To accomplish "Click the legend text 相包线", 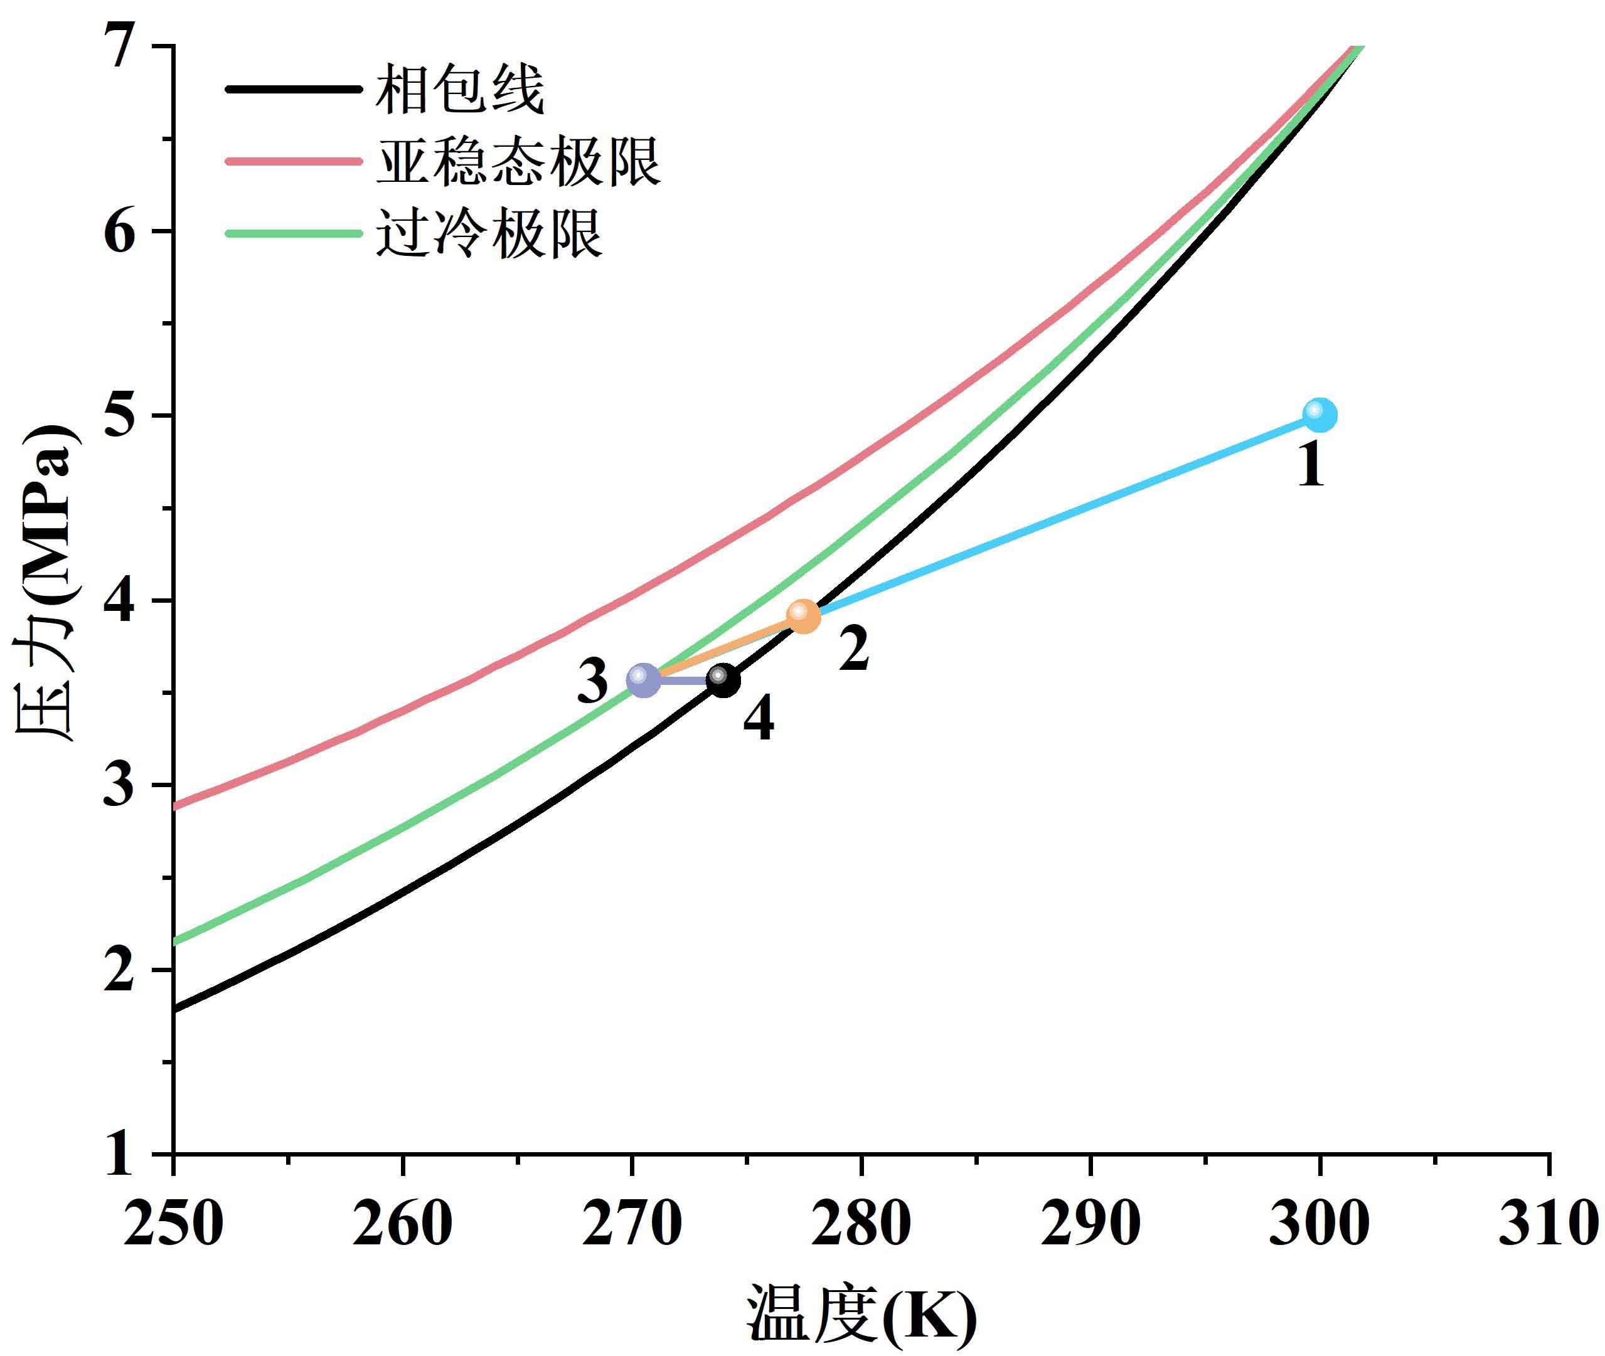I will point(460,90).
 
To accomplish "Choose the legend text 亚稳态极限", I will point(518,161).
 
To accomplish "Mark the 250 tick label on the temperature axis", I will point(173,1224).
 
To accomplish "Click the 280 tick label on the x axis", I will point(861,1224).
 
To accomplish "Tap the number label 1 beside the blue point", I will point(1312,466).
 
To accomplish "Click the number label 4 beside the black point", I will point(759,721).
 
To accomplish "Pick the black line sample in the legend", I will point(292,90).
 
